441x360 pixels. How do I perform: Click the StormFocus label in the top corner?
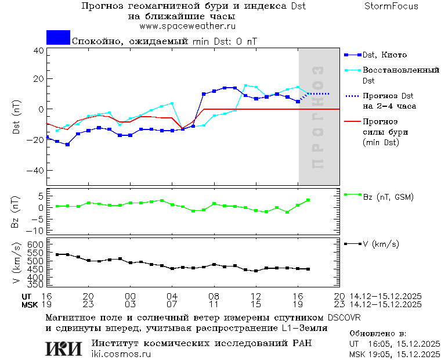tap(391, 6)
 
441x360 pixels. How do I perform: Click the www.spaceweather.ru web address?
tap(187, 26)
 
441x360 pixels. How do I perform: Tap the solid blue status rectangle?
tap(58, 37)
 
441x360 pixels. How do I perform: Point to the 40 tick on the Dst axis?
tap(38, 51)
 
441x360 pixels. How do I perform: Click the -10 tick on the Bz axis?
tap(36, 231)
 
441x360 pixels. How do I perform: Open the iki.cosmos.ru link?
tap(121, 354)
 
